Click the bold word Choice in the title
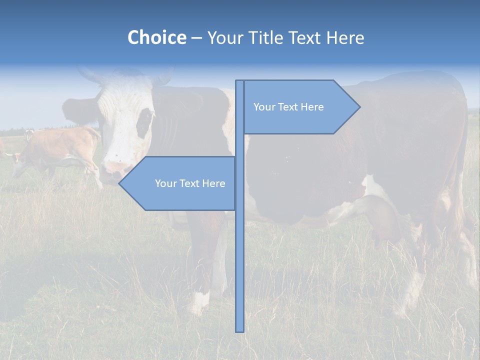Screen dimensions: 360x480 click(x=156, y=37)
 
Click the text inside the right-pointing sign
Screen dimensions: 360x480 click(x=288, y=107)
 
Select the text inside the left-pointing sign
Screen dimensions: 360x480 click(x=190, y=183)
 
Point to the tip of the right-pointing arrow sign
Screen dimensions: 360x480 click(x=359, y=106)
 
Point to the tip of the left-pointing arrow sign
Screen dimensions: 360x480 click(x=119, y=183)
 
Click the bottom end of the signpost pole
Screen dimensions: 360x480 click(x=239, y=330)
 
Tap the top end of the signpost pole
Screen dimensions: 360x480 click(x=239, y=82)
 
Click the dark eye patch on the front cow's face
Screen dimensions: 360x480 click(x=144, y=122)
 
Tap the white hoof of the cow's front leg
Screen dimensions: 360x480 click(x=198, y=302)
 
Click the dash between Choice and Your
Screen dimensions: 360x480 click(x=196, y=38)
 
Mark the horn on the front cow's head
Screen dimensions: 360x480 click(x=90, y=75)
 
